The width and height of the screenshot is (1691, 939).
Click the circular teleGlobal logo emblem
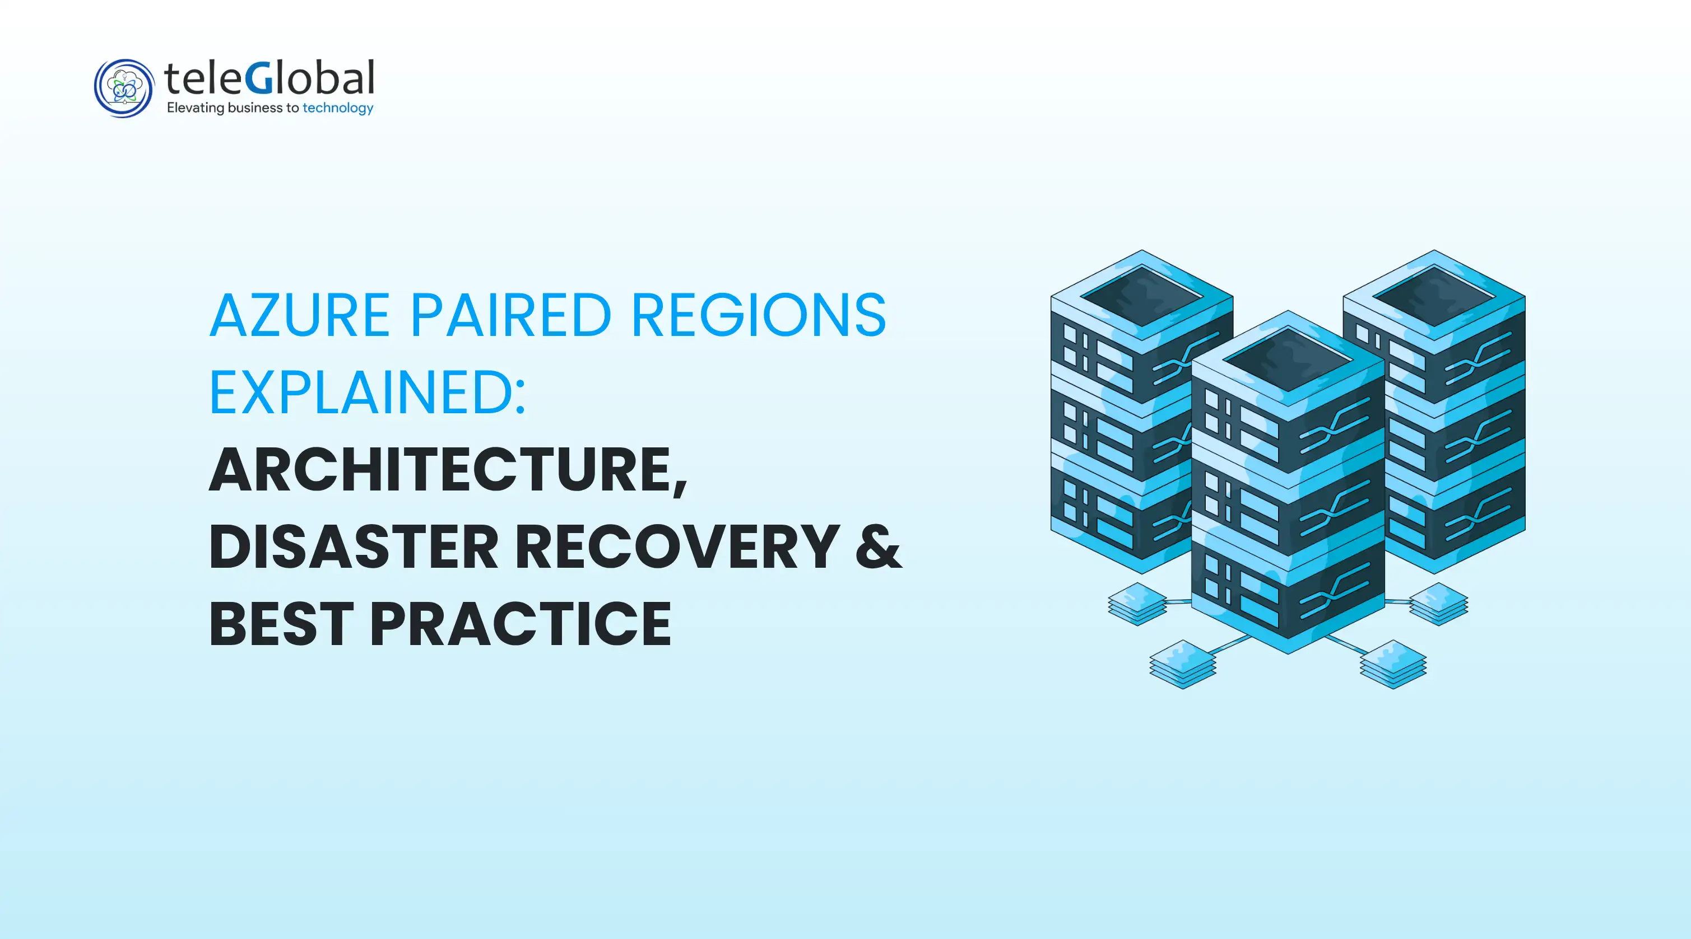[123, 88]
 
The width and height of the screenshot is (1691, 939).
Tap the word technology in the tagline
[337, 108]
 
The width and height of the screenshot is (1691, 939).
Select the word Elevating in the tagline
[195, 108]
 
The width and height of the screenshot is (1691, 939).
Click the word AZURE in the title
[300, 316]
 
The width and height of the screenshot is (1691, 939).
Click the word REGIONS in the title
[759, 316]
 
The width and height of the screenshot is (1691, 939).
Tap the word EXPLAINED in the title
[360, 393]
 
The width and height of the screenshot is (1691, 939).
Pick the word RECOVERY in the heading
[677, 546]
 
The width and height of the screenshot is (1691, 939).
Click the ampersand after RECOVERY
[879, 546]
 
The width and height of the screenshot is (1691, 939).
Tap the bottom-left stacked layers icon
[1183, 664]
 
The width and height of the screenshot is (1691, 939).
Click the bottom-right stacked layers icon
[1393, 664]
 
